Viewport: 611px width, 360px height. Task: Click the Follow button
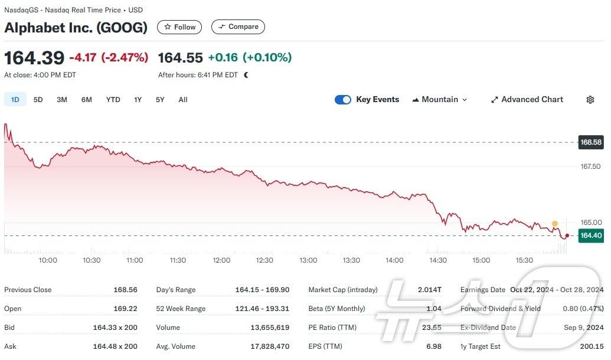[179, 27]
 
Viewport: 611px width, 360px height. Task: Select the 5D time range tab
[38, 100]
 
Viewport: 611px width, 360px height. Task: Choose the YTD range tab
[113, 100]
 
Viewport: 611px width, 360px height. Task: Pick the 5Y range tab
[160, 100]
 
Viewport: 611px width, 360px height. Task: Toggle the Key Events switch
[343, 100]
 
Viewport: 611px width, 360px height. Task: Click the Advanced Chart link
[527, 100]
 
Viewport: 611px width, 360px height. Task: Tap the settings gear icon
[590, 100]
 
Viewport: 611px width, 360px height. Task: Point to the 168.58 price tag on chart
[590, 142]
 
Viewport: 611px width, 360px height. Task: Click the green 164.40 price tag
[590, 235]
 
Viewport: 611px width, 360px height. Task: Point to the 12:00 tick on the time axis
[221, 260]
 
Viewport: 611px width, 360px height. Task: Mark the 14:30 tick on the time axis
[438, 260]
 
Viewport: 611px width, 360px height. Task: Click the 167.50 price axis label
[590, 166]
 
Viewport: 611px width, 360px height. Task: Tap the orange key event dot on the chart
[555, 224]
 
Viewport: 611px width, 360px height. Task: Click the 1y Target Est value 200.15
[592, 346]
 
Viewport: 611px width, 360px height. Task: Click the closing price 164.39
[34, 58]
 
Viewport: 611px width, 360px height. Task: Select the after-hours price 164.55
[180, 58]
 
